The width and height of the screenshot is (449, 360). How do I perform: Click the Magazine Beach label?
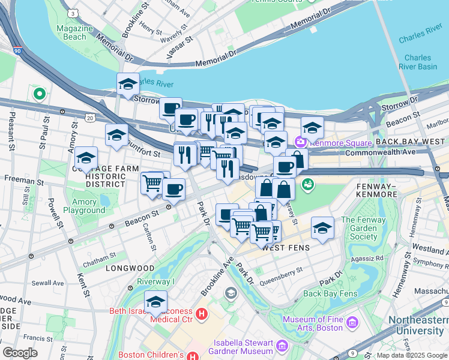click(x=74, y=32)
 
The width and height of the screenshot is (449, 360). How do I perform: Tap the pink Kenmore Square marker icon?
click(x=300, y=142)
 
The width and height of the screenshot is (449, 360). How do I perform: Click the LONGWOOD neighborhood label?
click(x=130, y=268)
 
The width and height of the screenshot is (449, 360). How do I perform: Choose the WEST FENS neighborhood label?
click(x=286, y=247)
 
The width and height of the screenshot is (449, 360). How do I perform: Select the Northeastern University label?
click(x=418, y=325)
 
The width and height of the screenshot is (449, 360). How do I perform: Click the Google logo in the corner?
click(x=20, y=352)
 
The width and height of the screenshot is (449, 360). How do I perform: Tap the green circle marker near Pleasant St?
click(x=40, y=94)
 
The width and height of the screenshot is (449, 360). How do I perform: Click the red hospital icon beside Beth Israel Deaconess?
click(x=202, y=313)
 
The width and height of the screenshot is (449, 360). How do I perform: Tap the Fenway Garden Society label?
click(x=360, y=228)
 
